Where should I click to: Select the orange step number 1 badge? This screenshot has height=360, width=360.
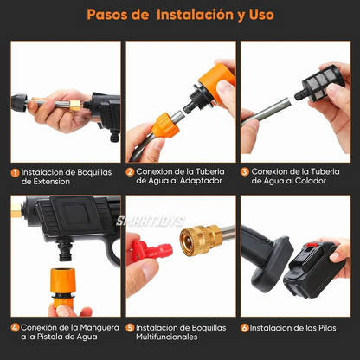(x=15, y=172)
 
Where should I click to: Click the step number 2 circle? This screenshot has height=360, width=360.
(x=130, y=172)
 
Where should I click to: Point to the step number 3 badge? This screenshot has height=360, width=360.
(x=245, y=172)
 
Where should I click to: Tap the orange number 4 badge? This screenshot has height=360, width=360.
(x=15, y=329)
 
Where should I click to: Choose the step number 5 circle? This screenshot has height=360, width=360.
(x=130, y=329)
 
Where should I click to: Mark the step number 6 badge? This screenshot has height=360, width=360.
(x=245, y=329)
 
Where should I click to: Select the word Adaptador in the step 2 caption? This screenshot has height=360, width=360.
(x=208, y=182)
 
